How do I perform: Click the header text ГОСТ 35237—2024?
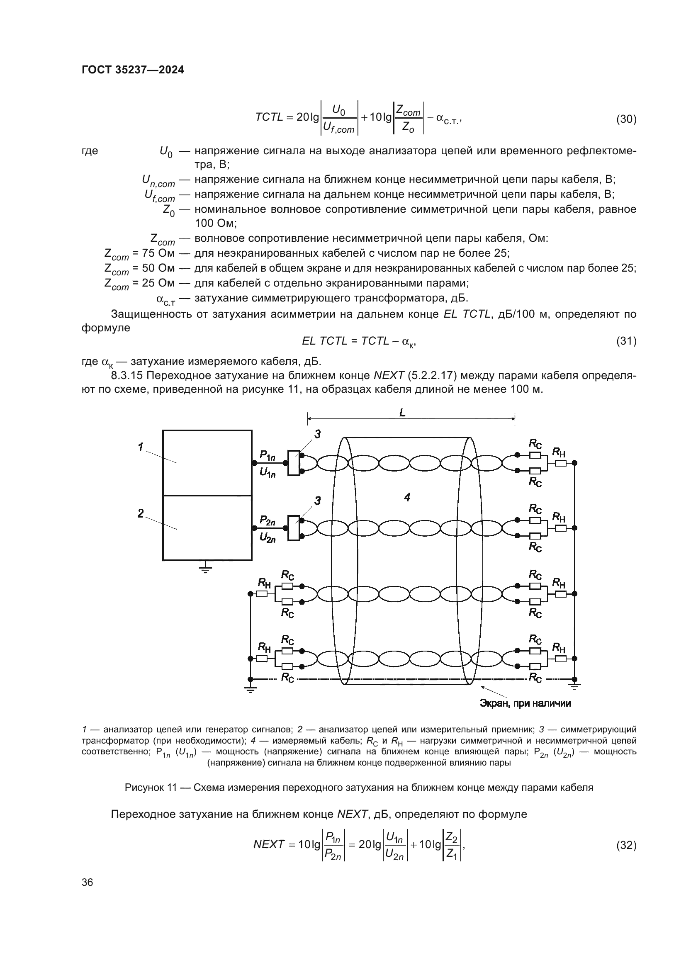coord(133,70)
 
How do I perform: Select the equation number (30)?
coord(626,119)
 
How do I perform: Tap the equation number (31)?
coord(626,340)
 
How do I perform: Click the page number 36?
coord(87,882)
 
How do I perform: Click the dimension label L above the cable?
coord(402,413)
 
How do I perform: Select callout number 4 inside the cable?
coord(407,498)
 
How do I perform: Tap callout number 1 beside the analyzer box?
coord(141,447)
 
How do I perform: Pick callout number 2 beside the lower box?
coord(141,513)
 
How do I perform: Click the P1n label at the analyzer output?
coord(268,455)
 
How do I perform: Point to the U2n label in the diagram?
coord(268,537)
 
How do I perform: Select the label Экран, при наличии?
coord(525,703)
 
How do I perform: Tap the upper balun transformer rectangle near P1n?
coord(294,463)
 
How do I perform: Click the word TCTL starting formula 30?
coord(269,117)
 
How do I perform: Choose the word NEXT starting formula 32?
coord(269,844)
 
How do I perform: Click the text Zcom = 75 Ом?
coord(139,254)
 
